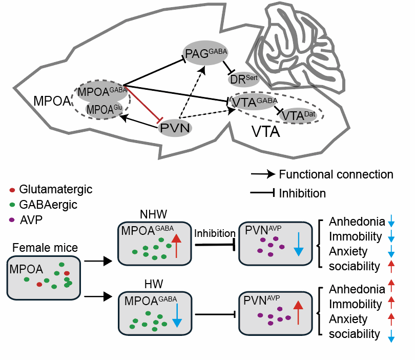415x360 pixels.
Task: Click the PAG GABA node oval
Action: point(205,53)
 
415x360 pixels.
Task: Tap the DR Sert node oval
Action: point(244,79)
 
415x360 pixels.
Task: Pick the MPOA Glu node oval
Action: point(105,109)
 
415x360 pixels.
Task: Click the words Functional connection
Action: point(336,174)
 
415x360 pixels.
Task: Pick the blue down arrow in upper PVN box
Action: point(299,245)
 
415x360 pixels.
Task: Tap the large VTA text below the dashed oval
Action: point(266,132)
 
